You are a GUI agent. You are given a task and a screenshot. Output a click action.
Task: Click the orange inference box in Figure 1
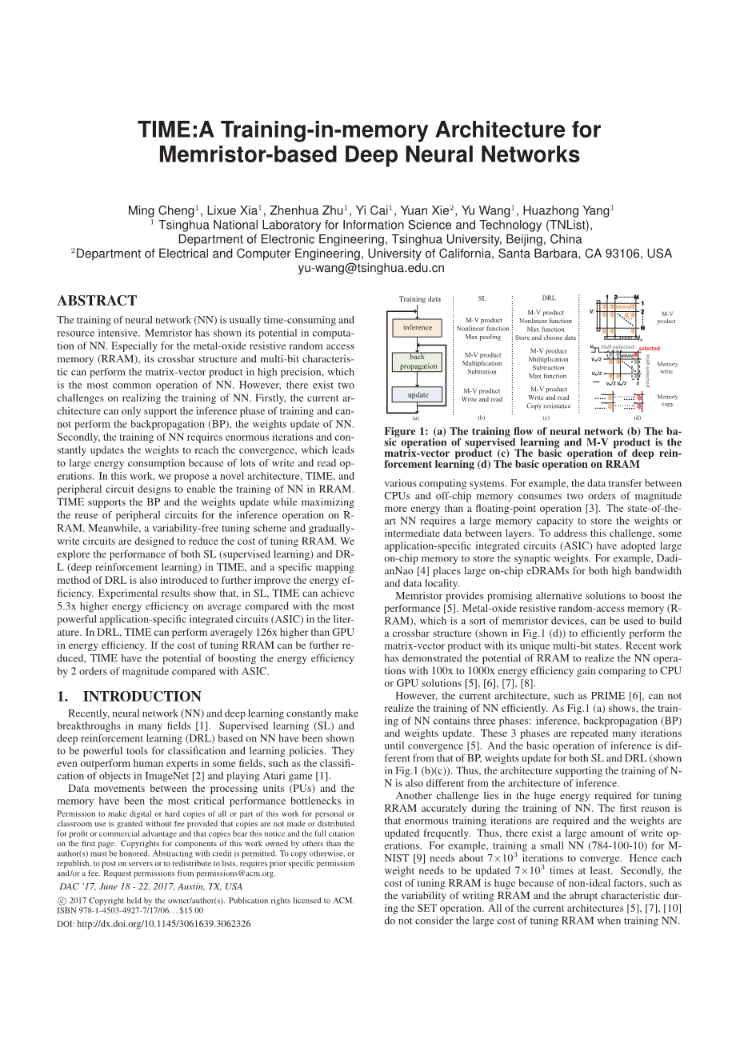(418, 327)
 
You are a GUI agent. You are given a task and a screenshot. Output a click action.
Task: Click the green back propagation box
(418, 362)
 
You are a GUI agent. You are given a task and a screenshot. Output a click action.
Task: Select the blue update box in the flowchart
(418, 394)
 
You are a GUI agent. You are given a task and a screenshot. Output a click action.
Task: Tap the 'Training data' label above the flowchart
(420, 299)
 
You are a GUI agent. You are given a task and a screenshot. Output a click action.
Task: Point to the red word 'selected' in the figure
(650, 348)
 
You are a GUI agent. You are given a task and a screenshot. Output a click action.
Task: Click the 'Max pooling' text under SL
(482, 337)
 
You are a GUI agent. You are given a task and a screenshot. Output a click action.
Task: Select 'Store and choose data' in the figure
(546, 338)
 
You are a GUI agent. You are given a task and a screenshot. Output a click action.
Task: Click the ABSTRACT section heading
(97, 301)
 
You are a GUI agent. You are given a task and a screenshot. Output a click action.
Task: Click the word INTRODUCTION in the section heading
(142, 696)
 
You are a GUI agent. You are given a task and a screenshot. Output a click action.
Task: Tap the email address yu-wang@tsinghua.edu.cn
(370, 268)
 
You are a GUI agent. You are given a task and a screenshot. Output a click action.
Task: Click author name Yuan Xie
(425, 211)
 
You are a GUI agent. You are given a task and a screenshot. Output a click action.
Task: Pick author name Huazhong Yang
(570, 211)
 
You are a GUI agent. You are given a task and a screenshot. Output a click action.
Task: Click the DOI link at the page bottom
(154, 923)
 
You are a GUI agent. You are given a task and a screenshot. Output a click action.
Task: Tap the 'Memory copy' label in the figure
(667, 400)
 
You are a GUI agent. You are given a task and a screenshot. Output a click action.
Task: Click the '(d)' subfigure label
(637, 418)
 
